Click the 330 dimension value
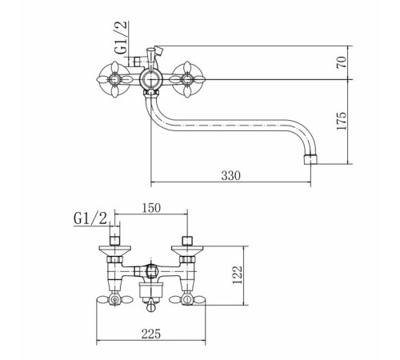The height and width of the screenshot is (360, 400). [x=231, y=176]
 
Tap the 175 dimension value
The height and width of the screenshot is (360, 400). [x=342, y=121]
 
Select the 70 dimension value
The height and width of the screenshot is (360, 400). [x=342, y=62]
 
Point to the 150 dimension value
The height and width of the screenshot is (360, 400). [x=151, y=208]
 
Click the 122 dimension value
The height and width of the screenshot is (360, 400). [x=238, y=275]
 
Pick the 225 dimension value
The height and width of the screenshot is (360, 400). [x=151, y=334]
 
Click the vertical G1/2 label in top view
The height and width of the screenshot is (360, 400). [x=121, y=38]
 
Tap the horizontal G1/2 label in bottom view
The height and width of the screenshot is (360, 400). [x=90, y=219]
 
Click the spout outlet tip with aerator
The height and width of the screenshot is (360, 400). [x=310, y=159]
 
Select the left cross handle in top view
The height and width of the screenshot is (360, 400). [x=114, y=79]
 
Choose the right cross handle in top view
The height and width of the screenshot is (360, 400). [x=187, y=79]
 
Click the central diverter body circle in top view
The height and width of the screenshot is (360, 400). [x=150, y=79]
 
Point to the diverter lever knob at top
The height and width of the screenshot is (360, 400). [x=151, y=50]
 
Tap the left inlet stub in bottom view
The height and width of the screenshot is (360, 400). [x=114, y=236]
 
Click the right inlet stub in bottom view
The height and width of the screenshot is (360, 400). [x=187, y=241]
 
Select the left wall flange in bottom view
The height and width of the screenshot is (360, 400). [x=114, y=250]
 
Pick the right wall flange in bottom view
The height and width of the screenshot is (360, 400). [x=187, y=250]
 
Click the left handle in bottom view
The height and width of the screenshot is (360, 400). [x=114, y=300]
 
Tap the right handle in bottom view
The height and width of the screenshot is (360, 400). [x=187, y=300]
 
